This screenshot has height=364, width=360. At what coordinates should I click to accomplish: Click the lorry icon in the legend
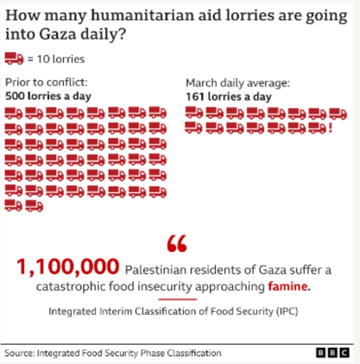[x=14, y=58]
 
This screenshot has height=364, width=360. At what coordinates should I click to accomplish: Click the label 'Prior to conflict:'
[x=46, y=83]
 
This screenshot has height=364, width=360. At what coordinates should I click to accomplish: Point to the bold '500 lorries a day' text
[x=48, y=96]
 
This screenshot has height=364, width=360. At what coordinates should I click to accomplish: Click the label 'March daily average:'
[x=238, y=83]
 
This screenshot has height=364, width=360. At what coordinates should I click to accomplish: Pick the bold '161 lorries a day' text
[x=228, y=96]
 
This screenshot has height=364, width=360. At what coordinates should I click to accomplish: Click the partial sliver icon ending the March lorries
[x=330, y=128]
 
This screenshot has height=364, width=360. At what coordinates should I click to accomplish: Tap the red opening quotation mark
[x=177, y=243]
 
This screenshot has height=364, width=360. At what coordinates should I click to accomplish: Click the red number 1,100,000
[x=68, y=267]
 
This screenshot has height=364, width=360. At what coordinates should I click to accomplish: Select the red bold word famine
[x=287, y=286]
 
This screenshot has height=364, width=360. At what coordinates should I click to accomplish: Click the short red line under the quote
[x=178, y=299]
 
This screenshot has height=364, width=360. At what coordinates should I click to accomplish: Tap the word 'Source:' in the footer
[x=20, y=353]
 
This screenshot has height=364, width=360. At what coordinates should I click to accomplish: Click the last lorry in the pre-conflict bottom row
[x=34, y=206]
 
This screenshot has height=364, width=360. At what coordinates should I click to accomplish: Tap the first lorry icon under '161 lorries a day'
[x=194, y=113]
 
